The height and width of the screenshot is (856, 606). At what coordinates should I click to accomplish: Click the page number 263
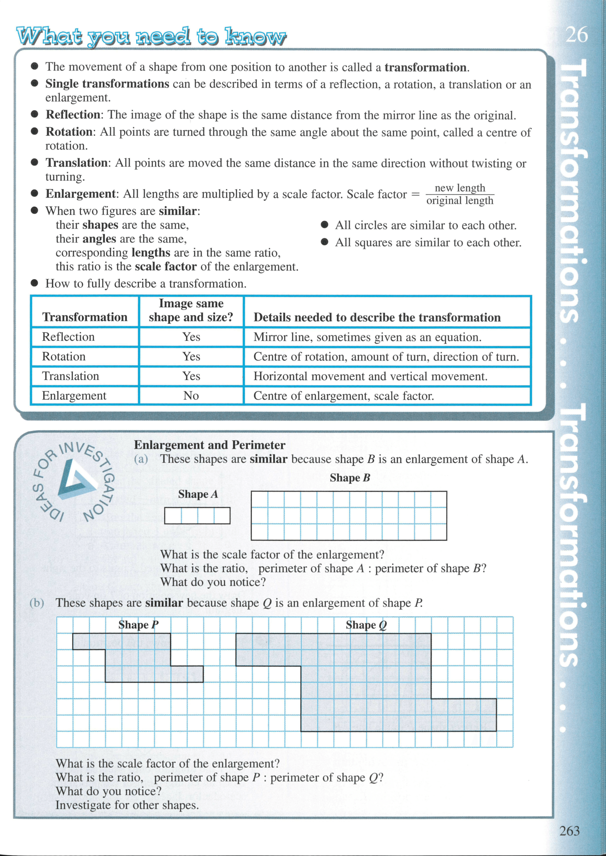point(569,830)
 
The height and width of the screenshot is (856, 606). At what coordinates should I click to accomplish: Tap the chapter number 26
point(576,35)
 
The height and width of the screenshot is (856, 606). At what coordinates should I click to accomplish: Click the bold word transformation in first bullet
point(425,67)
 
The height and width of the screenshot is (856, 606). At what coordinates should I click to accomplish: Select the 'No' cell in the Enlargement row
point(191,396)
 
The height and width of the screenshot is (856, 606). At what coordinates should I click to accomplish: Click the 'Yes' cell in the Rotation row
point(191,356)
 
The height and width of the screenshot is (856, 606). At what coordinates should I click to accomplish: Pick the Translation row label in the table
point(71,376)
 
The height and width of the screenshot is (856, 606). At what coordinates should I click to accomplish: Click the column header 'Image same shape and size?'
point(191,310)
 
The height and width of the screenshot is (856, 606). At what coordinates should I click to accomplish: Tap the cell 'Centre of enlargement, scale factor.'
point(343,396)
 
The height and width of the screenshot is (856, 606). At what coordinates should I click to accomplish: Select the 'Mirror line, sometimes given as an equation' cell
point(367,337)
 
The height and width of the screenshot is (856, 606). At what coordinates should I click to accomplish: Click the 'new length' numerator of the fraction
point(460,188)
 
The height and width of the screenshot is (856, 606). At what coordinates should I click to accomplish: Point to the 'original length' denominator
point(460,201)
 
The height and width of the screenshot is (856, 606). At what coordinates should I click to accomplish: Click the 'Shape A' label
point(198,494)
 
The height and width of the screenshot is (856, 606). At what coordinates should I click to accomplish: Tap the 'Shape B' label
point(350,478)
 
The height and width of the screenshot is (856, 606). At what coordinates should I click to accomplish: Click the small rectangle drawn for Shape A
point(197,516)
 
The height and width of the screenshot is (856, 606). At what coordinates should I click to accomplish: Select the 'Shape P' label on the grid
point(138,625)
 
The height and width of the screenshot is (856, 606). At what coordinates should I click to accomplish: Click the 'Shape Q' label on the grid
point(366,625)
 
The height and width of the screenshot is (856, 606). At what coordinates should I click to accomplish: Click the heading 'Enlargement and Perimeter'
point(209,445)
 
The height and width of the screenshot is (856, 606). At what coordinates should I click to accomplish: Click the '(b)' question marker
point(37,603)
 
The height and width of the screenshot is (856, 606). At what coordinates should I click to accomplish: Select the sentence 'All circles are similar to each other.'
point(425,225)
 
